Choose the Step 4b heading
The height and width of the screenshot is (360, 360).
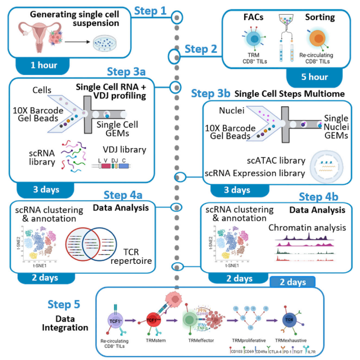(x=321, y=196)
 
